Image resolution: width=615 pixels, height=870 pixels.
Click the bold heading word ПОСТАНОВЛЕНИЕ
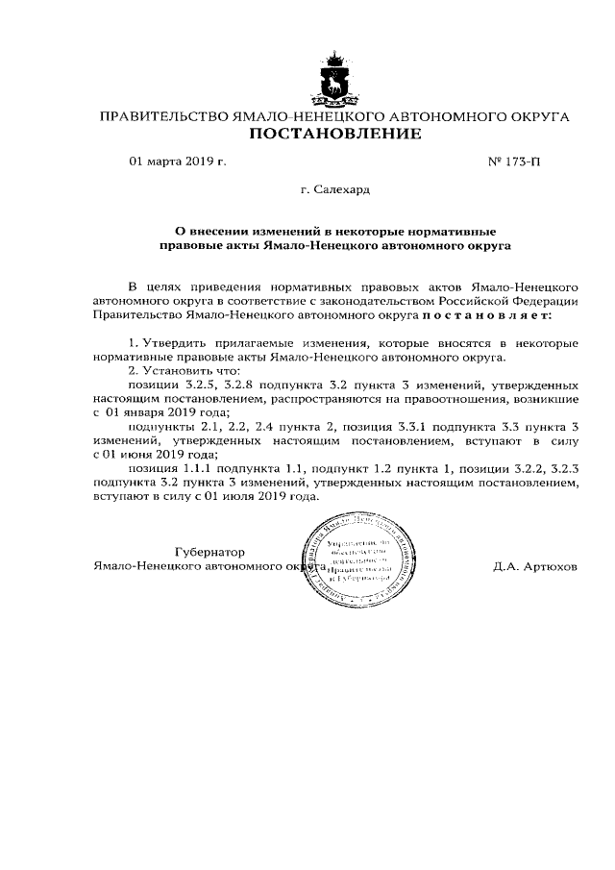click(x=334, y=136)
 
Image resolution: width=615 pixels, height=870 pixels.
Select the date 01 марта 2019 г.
click(x=178, y=162)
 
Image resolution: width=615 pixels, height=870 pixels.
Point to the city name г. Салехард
click(x=334, y=190)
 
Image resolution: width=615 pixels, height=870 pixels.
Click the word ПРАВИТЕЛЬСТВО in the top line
click(x=159, y=116)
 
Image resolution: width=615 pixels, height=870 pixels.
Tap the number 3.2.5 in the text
click(x=200, y=383)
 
